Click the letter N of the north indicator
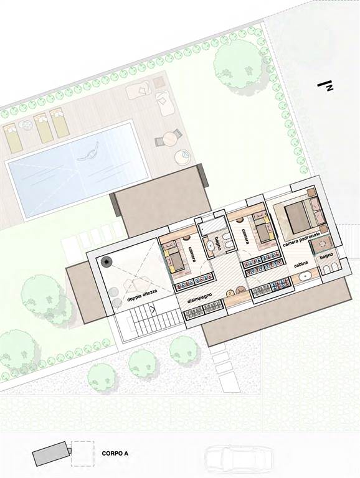(329, 88)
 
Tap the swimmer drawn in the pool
(89, 152)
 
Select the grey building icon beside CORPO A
(52, 453)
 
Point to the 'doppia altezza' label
(142, 295)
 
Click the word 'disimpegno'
(200, 296)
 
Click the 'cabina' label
(301, 264)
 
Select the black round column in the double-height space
(106, 262)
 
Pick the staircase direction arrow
(153, 310)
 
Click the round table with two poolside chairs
(169, 138)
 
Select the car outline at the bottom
(239, 461)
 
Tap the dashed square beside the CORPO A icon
(82, 453)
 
